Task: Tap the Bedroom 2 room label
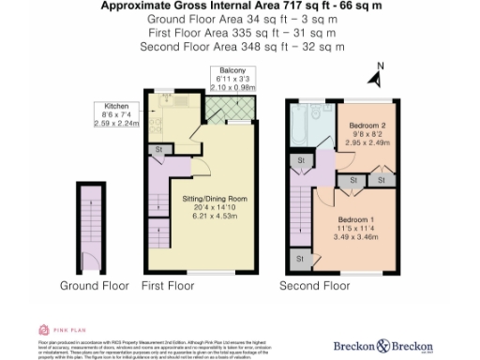(x=367, y=125)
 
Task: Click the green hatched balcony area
(x=224, y=112)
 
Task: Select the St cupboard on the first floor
(x=159, y=148)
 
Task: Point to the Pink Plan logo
(x=55, y=329)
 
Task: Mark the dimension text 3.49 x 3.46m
(x=356, y=237)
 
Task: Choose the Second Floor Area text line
(x=239, y=46)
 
